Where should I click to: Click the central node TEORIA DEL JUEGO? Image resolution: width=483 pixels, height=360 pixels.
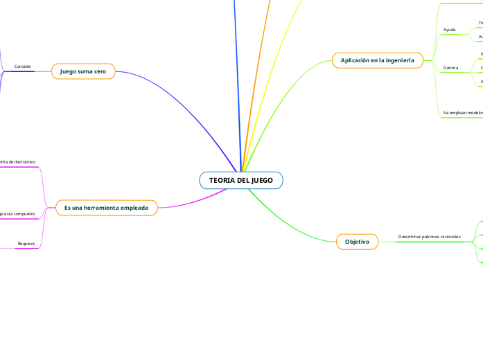click(x=240, y=181)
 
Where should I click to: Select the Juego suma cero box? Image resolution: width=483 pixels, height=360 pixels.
click(x=83, y=71)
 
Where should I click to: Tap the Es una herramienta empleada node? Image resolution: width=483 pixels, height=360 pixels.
click(x=106, y=208)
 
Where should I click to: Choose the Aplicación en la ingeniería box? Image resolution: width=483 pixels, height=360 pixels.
click(x=377, y=61)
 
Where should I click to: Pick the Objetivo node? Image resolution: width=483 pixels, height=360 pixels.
click(x=357, y=242)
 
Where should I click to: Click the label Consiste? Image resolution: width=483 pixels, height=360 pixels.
click(x=23, y=66)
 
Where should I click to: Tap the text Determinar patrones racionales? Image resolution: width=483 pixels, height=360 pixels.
click(x=429, y=237)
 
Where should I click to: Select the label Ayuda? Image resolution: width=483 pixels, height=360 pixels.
click(x=449, y=30)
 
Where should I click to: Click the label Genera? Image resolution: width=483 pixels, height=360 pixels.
click(x=450, y=68)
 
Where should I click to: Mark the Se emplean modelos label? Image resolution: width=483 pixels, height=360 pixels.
click(x=462, y=112)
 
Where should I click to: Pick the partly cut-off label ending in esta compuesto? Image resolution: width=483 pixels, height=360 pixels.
click(x=19, y=214)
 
